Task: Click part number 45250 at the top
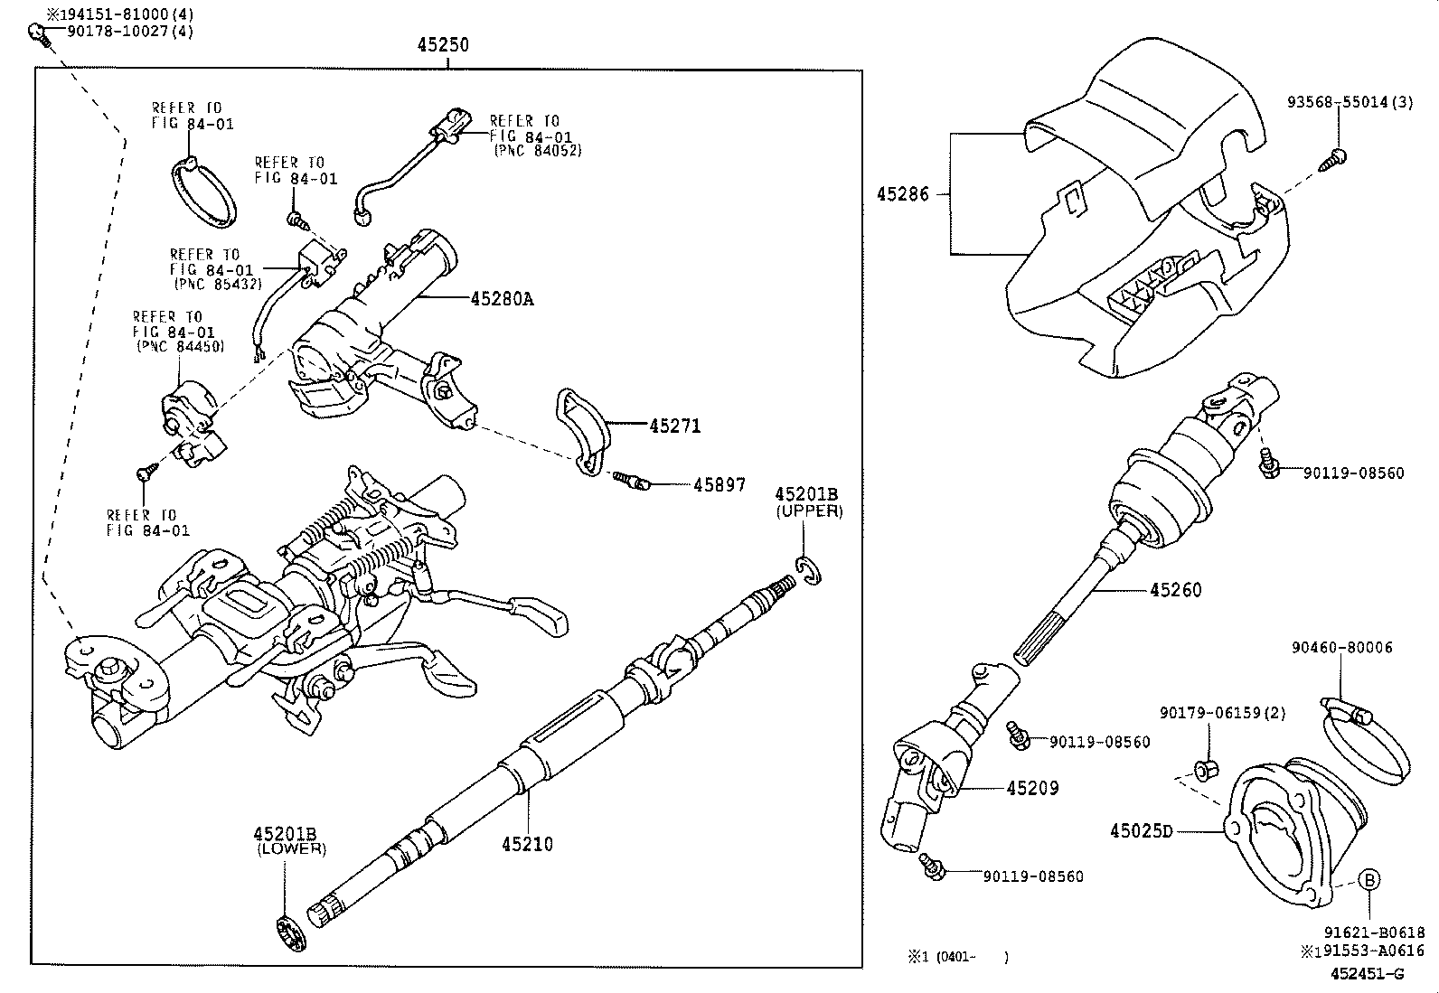(443, 44)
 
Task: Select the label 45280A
(502, 298)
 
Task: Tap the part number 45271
(674, 426)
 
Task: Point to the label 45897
(719, 485)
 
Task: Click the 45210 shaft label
(527, 844)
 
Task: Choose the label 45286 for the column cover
(902, 193)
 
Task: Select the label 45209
(1032, 788)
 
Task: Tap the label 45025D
(1141, 830)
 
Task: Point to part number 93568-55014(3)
(1350, 103)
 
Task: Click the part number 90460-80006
(1341, 647)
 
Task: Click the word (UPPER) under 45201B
(809, 511)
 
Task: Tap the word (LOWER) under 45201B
(291, 849)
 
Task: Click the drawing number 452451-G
(1367, 973)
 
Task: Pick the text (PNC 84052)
(537, 150)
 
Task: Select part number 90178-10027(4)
(130, 32)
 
